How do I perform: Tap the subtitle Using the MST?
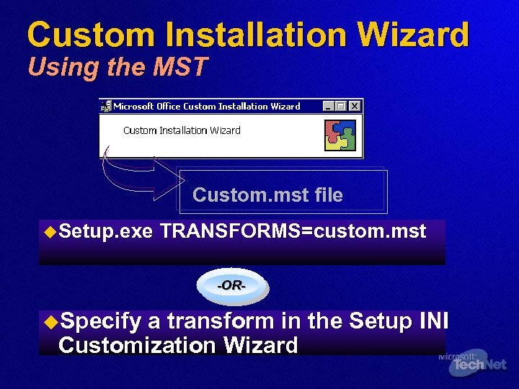click(x=117, y=67)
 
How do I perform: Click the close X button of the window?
click(x=355, y=106)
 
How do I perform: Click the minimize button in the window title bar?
click(x=329, y=106)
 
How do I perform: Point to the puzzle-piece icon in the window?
click(x=340, y=135)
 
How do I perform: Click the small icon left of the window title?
click(x=107, y=106)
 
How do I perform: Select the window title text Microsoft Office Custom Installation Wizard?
click(x=206, y=106)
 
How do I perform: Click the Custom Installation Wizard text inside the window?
click(x=182, y=130)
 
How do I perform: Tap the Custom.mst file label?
click(x=267, y=194)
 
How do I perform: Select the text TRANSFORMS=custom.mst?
click(x=293, y=231)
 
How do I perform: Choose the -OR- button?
click(x=232, y=286)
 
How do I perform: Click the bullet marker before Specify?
click(x=50, y=320)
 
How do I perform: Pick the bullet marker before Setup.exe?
click(x=50, y=231)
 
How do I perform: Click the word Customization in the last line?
click(x=138, y=345)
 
